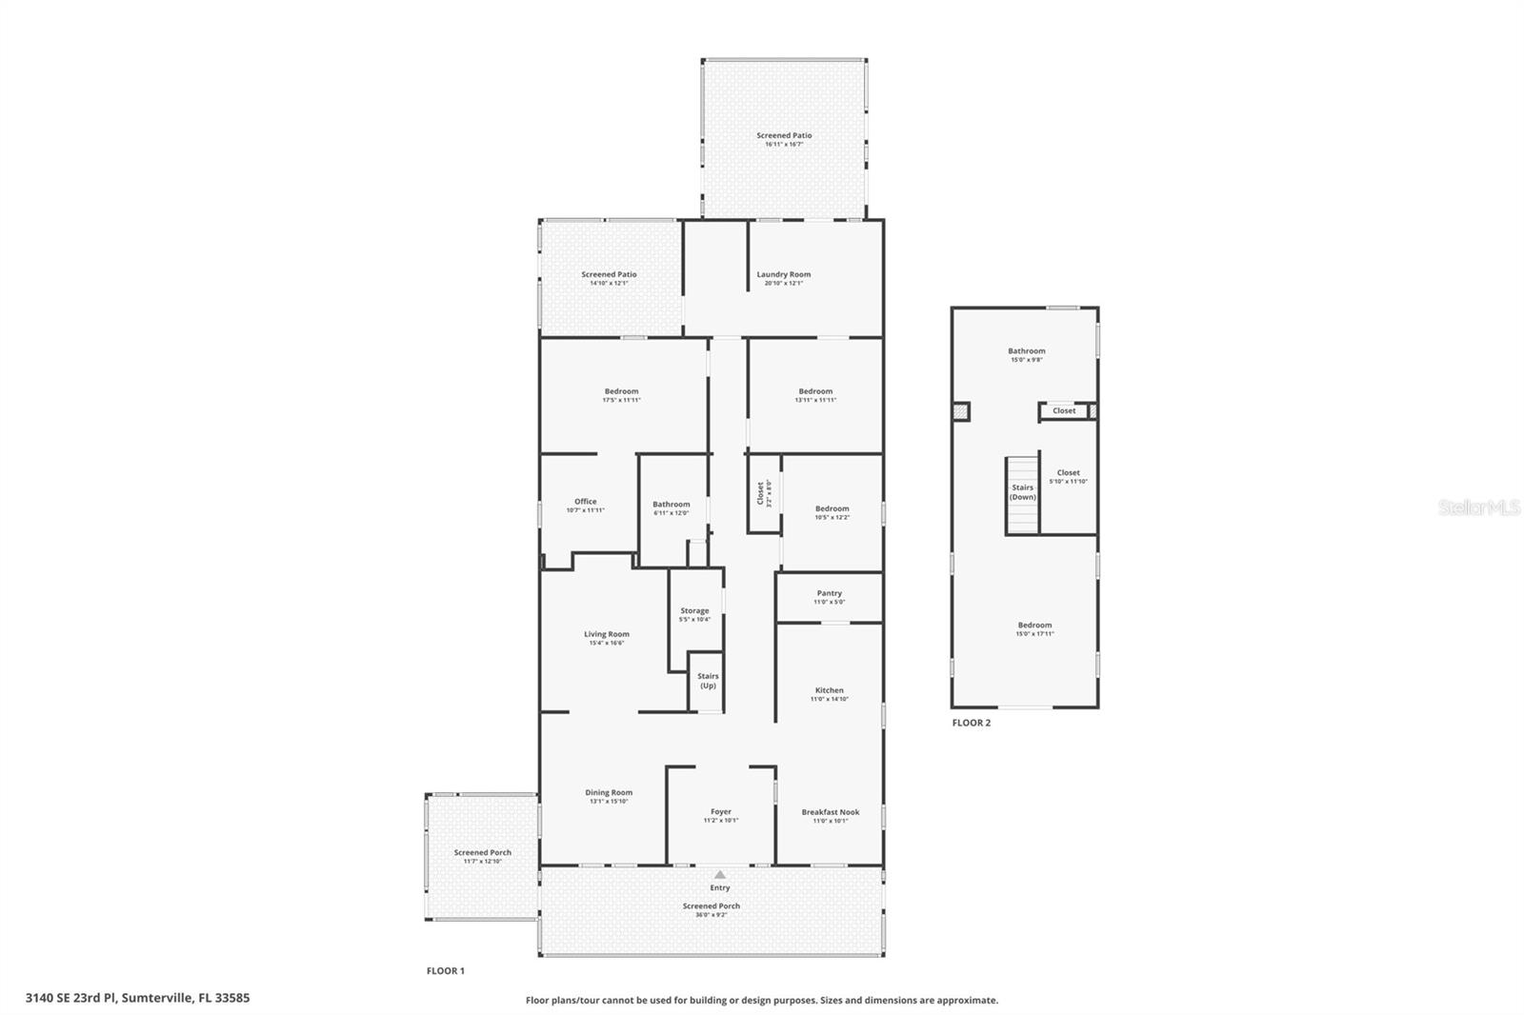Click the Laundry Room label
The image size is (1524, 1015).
(784, 275)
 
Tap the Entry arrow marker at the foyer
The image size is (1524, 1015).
(720, 875)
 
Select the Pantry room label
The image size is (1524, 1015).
(829, 593)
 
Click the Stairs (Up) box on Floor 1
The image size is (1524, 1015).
(708, 681)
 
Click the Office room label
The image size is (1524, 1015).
(585, 502)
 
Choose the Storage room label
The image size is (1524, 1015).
(694, 611)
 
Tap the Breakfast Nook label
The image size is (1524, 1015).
(830, 812)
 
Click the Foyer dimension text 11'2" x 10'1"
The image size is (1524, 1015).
(720, 821)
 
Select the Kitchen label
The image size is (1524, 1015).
(829, 690)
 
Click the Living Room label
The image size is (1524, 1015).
(607, 634)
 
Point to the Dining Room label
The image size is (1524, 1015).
(609, 792)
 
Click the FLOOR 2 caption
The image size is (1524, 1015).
(972, 723)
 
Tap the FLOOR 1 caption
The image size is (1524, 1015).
(445, 971)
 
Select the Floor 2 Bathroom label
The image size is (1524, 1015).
(1027, 351)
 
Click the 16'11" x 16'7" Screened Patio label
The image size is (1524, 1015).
(784, 140)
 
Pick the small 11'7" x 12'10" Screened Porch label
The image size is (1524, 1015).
(482, 857)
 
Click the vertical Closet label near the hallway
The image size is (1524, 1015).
(760, 492)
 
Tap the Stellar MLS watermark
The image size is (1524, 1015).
(1478, 507)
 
